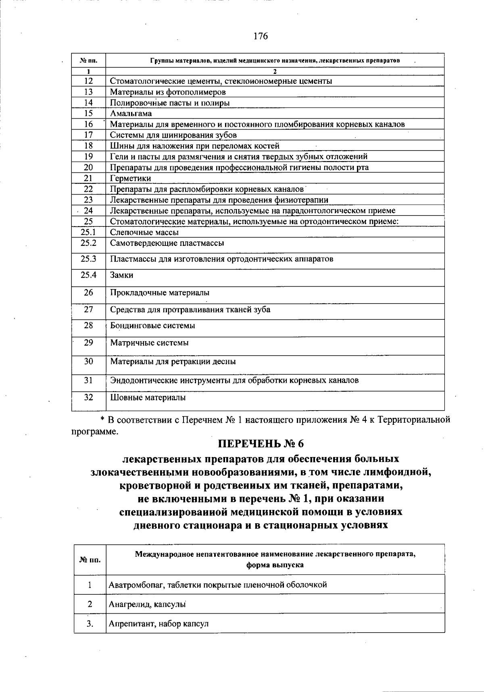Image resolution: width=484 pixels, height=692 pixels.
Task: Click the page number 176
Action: click(261, 36)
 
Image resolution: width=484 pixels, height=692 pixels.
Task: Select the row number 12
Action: click(89, 81)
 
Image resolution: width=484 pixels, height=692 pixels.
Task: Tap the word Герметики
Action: click(130, 178)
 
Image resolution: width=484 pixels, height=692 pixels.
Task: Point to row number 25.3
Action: click(89, 259)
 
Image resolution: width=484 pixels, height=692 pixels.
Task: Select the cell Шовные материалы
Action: click(148, 398)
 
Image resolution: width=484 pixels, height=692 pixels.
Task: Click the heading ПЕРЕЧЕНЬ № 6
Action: click(261, 444)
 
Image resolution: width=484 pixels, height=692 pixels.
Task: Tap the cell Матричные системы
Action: click(149, 343)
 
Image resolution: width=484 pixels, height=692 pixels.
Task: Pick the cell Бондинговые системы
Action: click(152, 325)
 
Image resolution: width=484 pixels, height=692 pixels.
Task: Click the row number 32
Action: click(89, 397)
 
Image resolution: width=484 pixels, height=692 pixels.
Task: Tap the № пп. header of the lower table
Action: click(90, 560)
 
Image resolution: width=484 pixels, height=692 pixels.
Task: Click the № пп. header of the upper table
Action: click(89, 61)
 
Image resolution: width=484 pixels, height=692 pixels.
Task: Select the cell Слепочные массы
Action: click(144, 232)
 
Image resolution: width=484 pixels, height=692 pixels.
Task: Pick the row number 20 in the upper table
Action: click(89, 167)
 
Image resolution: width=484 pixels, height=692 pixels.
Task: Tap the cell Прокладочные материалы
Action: click(160, 293)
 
